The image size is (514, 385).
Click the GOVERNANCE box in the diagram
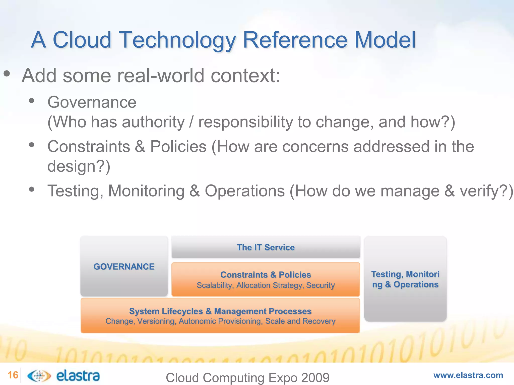click(124, 266)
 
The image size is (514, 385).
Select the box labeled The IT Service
click(266, 247)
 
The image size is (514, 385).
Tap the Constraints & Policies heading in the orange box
click(266, 275)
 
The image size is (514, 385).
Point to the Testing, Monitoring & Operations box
click(405, 279)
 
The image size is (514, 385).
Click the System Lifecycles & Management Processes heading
click(220, 311)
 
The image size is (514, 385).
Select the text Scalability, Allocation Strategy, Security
click(266, 285)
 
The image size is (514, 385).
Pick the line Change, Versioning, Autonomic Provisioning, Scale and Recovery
click(220, 321)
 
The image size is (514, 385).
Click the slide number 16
click(13, 375)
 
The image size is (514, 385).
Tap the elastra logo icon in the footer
click(39, 376)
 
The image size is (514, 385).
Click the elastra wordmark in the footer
click(78, 376)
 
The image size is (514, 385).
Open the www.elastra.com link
click(468, 375)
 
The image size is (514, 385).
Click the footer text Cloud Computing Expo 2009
click(247, 377)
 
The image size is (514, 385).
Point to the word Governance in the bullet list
click(92, 102)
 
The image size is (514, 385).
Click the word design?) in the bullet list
click(79, 166)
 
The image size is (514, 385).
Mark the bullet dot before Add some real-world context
click(7, 74)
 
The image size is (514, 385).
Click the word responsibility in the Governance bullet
click(245, 122)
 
